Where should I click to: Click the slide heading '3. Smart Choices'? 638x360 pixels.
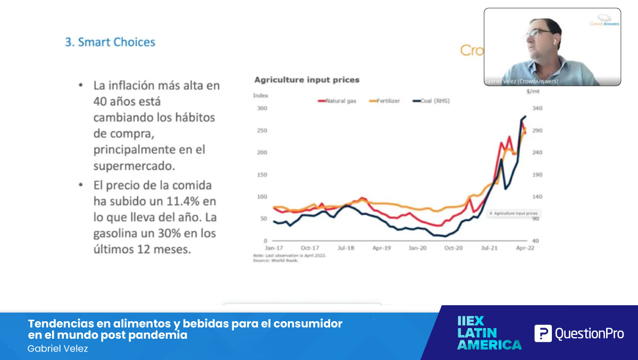110,42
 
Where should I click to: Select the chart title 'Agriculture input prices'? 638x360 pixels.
307,80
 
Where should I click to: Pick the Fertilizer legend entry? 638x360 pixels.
384,101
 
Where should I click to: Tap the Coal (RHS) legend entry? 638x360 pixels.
431,101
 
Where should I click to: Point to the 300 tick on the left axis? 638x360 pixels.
262,108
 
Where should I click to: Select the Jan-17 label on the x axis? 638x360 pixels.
274,248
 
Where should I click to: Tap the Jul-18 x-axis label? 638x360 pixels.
346,248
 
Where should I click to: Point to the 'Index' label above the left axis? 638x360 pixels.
261,95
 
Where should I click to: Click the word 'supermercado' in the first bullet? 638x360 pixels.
134,166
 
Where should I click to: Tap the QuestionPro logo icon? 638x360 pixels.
543,333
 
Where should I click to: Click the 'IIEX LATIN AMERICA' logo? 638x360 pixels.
489,333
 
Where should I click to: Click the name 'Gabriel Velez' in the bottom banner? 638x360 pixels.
57,348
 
